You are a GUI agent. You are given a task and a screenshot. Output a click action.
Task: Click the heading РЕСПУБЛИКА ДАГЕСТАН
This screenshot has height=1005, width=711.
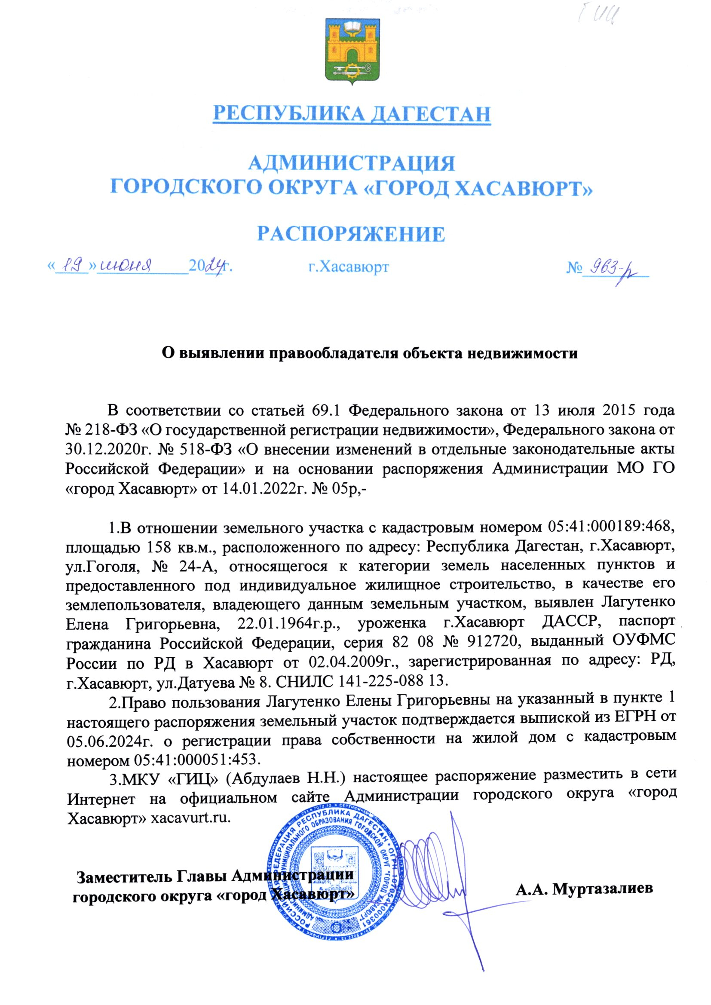[x=352, y=113]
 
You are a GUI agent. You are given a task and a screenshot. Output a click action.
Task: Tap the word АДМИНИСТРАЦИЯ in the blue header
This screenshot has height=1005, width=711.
[x=352, y=164]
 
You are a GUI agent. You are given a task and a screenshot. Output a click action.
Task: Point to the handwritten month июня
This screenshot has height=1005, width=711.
[x=126, y=264]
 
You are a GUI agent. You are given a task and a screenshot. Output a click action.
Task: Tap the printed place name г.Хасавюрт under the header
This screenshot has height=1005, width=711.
[x=348, y=267]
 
